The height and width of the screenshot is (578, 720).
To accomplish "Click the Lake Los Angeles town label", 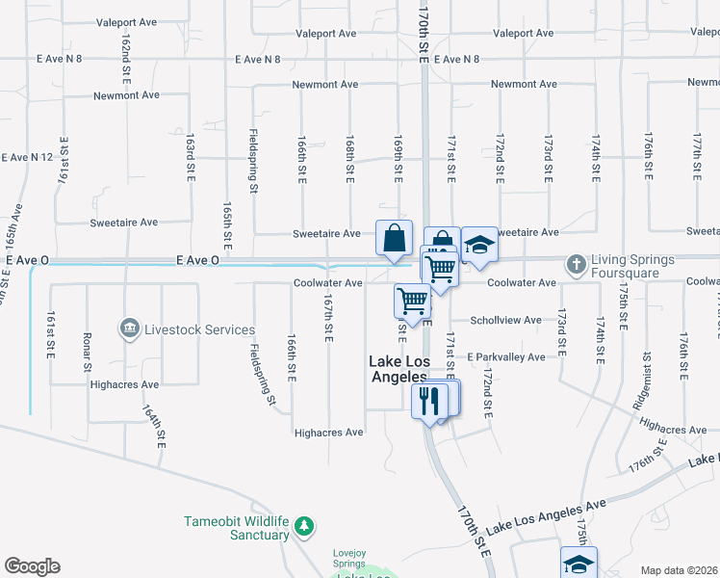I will point(399,369).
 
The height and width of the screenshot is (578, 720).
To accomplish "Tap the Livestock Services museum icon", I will point(128,329).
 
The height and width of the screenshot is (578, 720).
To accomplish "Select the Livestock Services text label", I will point(199,329).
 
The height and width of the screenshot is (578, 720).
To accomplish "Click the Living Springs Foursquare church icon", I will point(577,263).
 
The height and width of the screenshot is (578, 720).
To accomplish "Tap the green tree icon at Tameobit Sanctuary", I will point(304,526).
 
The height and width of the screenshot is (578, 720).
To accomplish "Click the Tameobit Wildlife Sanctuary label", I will point(237,528).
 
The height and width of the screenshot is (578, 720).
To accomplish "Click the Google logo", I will point(32,566).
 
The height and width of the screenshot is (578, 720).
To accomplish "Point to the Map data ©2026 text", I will point(679,570).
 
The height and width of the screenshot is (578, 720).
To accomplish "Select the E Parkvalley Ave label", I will point(505,356).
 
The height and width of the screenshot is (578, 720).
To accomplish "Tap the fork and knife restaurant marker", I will point(429,399).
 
